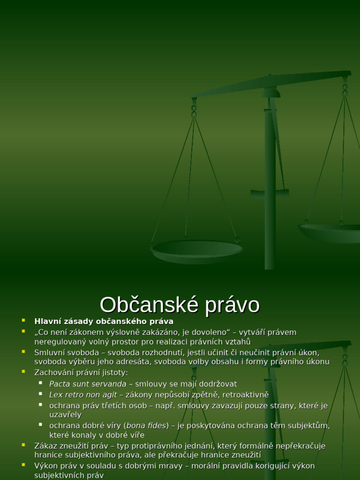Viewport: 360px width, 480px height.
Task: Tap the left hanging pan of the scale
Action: [x=196, y=251]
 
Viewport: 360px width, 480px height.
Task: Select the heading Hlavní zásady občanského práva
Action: [x=104, y=322]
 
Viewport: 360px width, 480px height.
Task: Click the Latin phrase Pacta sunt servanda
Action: [x=88, y=384]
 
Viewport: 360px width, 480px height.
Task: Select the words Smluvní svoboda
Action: [x=67, y=352]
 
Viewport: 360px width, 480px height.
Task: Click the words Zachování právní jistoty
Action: [x=81, y=373]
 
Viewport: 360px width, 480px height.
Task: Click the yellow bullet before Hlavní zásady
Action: [x=23, y=321]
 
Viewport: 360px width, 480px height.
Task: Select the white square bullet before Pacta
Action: [x=41, y=383]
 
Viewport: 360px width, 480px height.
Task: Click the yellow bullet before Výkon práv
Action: [x=23, y=465]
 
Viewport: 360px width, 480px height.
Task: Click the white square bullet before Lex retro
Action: [x=41, y=394]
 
